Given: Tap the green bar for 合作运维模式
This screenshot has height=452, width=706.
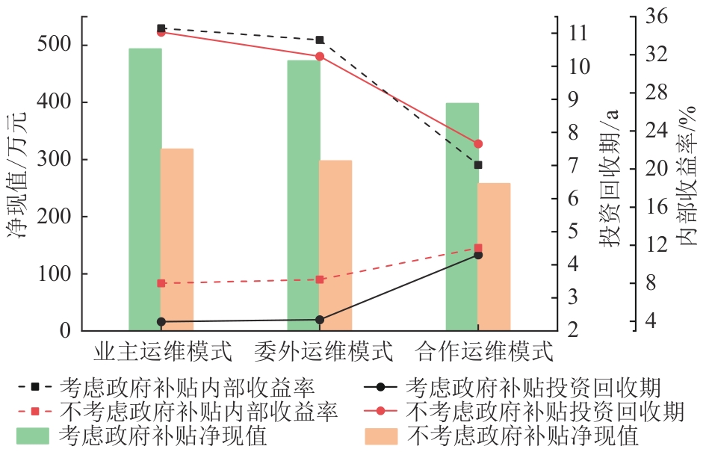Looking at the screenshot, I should click(462, 217).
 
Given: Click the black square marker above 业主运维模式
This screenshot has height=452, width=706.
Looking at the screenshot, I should click(161, 28).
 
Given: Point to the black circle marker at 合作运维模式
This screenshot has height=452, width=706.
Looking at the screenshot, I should click(478, 256).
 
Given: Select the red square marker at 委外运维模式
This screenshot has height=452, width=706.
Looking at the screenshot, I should click(320, 279).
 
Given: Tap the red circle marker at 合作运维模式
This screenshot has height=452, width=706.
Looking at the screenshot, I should click(478, 143).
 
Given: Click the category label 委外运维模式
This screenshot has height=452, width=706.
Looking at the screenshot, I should click(323, 350).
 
